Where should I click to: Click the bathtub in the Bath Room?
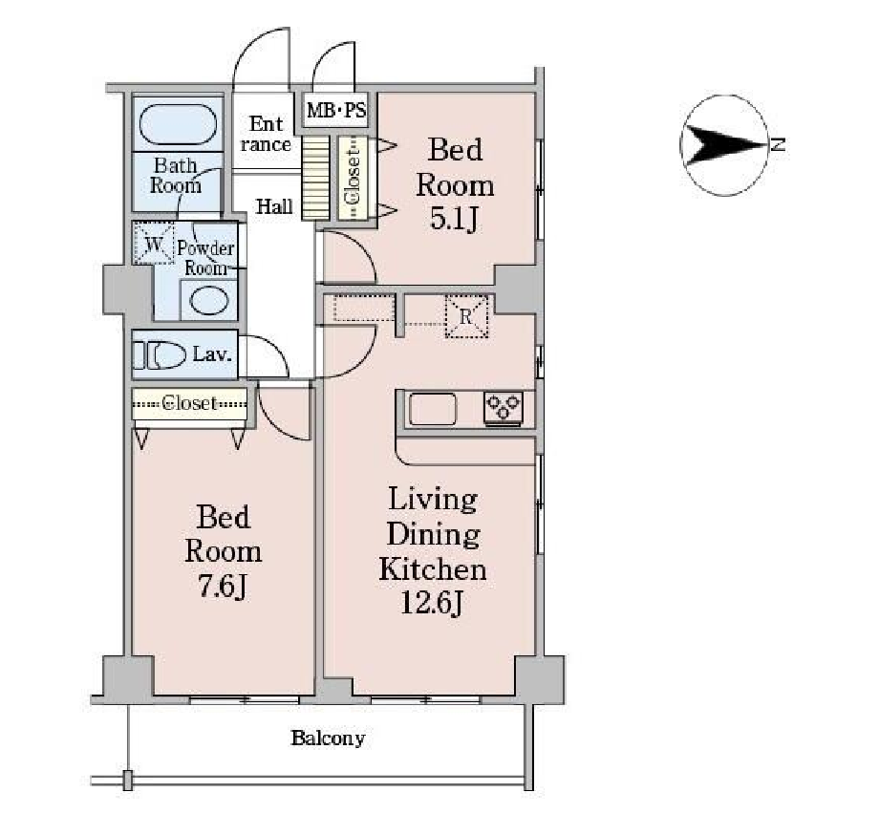pos(178,124)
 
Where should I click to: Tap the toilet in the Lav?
pos(160,354)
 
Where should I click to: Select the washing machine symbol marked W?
pos(154,243)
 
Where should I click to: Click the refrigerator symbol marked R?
pos(466,317)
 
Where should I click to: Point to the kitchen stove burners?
pos(504,406)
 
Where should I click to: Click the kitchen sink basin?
pos(433,409)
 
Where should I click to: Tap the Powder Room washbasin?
pos(209,301)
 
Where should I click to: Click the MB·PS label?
pos(335,110)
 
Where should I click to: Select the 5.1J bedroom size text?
pos(454,219)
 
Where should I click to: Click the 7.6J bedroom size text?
pos(223,587)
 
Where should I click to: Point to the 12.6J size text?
pos(432,603)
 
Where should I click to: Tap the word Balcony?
pos(328,738)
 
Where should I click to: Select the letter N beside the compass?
pos(778,144)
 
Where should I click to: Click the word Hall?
pos(274,206)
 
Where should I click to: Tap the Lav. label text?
pos(212,354)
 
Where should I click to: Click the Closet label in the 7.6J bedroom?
pos(189,402)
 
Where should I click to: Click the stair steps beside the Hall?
pos(315,177)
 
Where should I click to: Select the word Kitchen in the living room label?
pos(432,569)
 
